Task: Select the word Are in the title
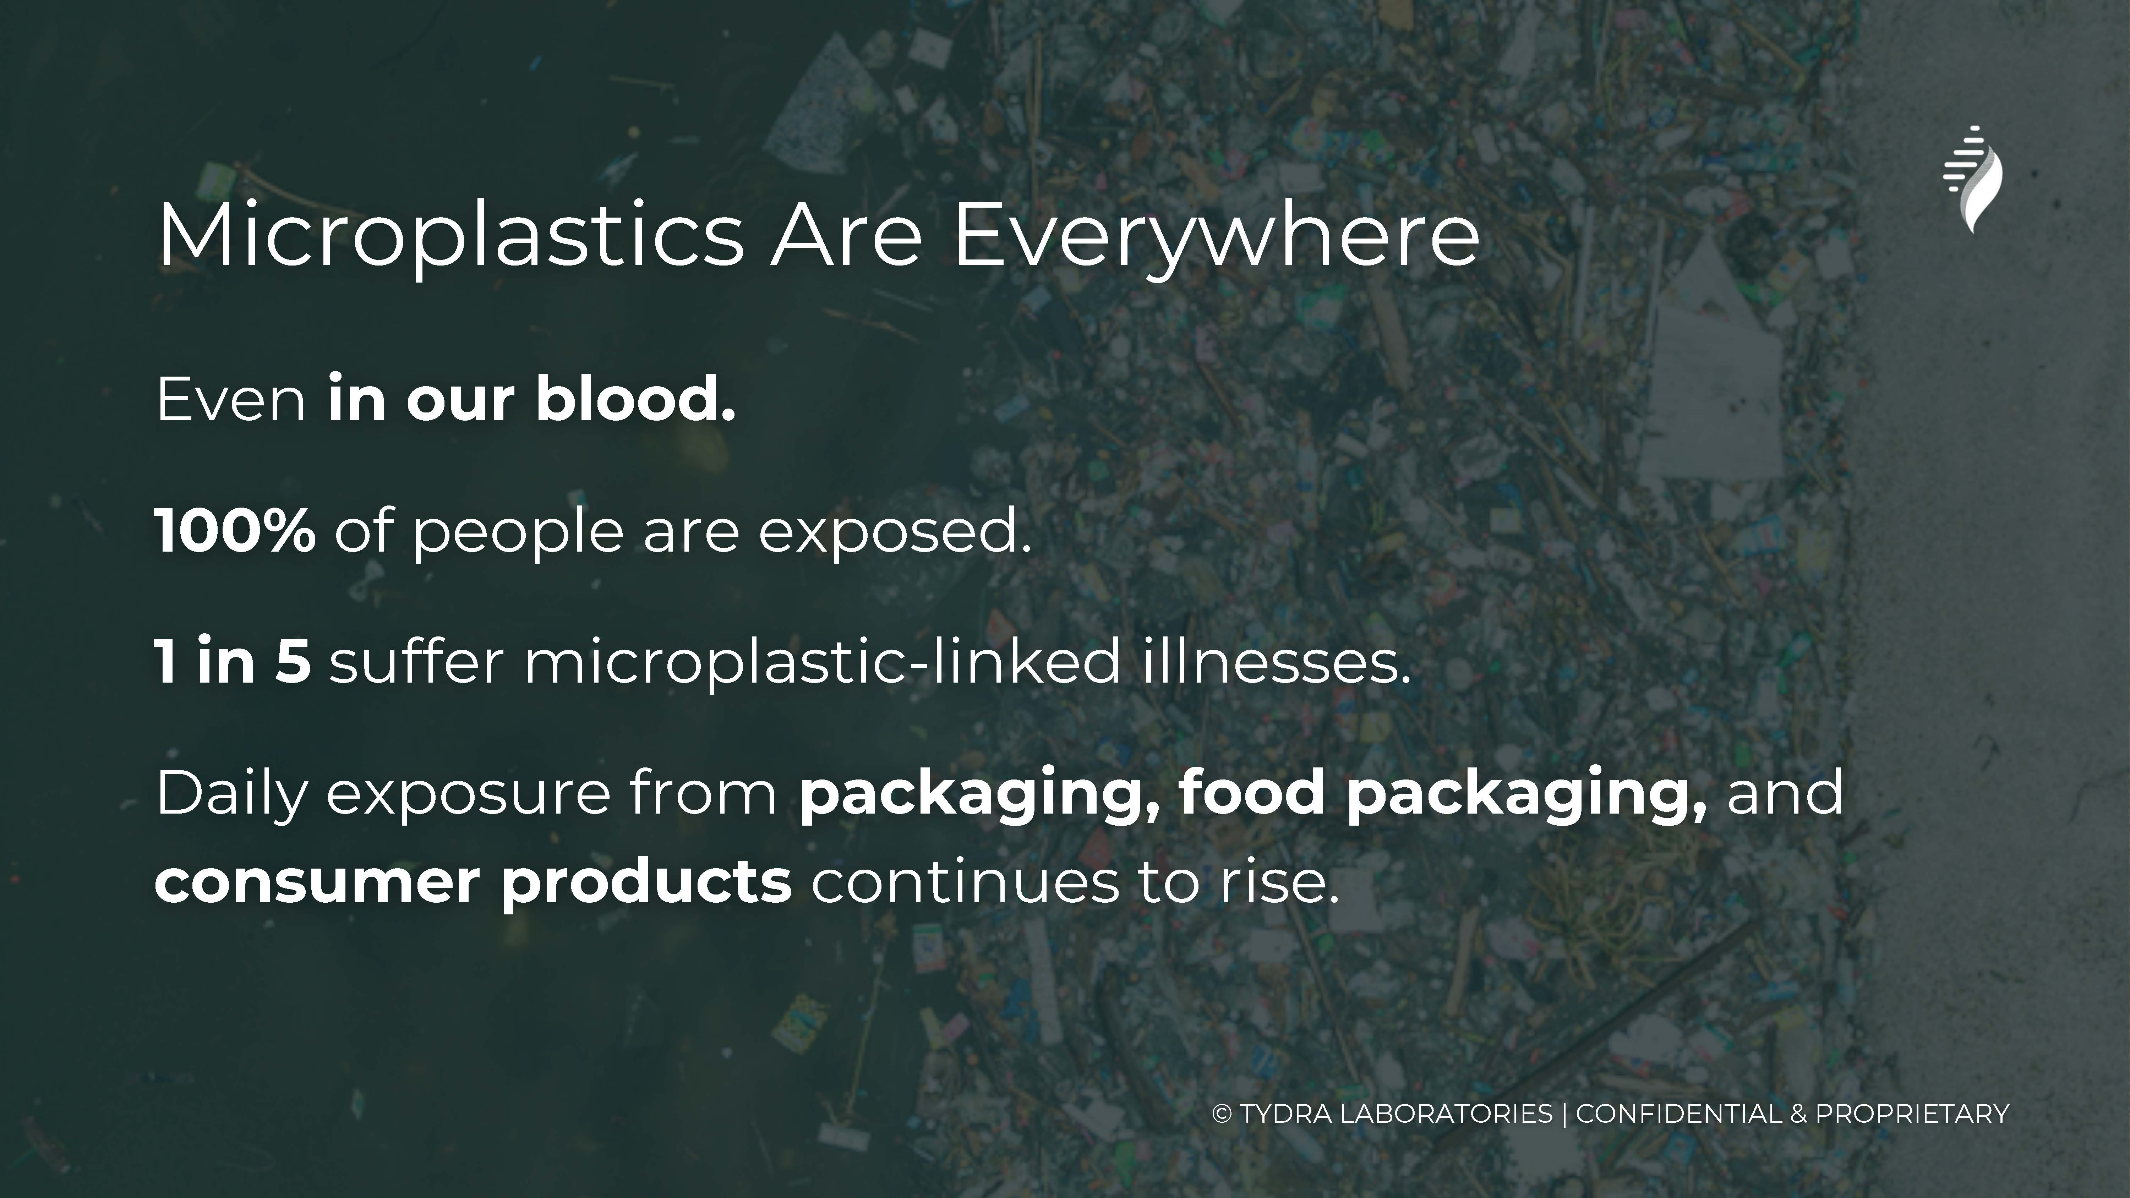[x=846, y=236]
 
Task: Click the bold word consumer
[x=317, y=883]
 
